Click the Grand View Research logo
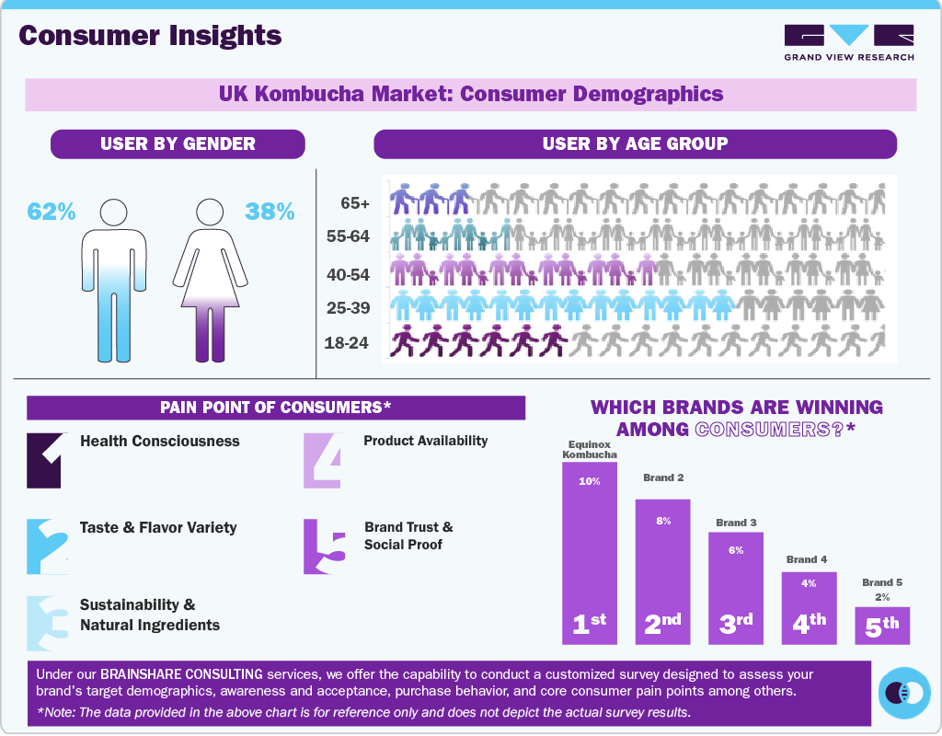(849, 42)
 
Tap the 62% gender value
(52, 212)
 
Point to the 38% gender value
(270, 212)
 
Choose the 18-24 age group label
(347, 343)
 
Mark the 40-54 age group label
(348, 273)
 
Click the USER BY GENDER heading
(178, 144)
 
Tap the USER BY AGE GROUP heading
(635, 144)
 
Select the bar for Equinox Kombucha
(590, 552)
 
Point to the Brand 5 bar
(882, 625)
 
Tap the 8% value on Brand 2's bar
(663, 521)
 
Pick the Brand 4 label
(807, 559)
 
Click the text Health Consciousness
(159, 442)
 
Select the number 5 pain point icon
(325, 546)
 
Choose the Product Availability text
(425, 441)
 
